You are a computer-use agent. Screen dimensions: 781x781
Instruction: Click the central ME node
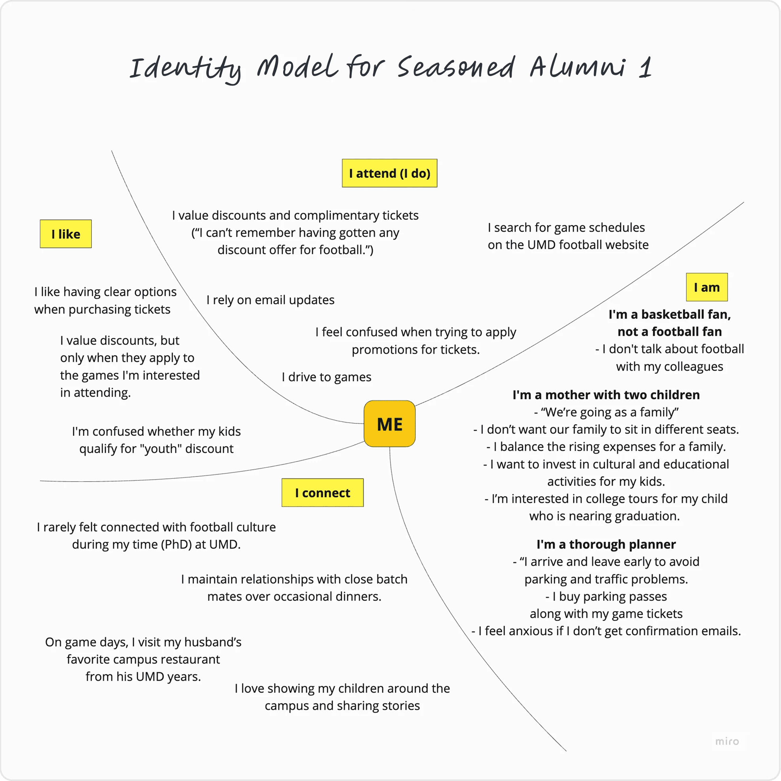point(389,424)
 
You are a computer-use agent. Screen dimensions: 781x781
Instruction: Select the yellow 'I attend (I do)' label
point(389,173)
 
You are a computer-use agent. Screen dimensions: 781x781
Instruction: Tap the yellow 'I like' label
point(65,234)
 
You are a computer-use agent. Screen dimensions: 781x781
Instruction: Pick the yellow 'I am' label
point(706,287)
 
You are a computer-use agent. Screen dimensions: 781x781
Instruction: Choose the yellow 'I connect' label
point(322,492)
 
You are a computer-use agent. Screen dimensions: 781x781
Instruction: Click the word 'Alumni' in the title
point(578,67)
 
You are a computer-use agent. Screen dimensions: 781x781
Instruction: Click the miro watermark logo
point(727,741)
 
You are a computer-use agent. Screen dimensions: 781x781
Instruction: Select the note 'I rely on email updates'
point(270,300)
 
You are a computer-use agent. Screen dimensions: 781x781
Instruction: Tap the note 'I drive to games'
point(326,377)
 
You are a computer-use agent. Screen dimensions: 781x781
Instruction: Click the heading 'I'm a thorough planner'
point(606,544)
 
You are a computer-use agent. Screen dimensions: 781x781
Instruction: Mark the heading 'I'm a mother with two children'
point(606,394)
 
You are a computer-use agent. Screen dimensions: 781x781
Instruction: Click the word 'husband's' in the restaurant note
point(210,642)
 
